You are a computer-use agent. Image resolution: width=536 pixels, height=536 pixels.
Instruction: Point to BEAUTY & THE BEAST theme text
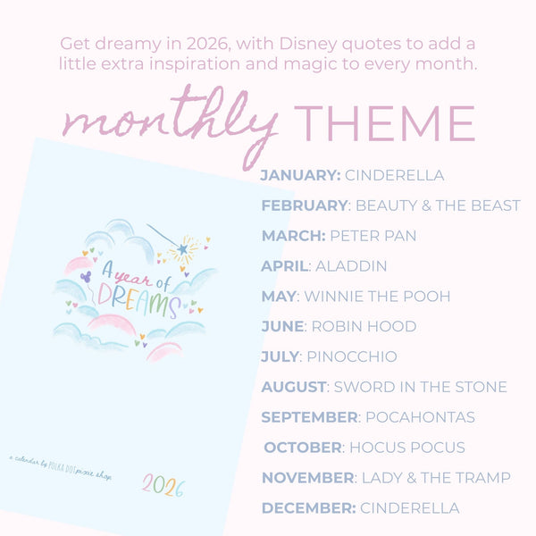click(438, 205)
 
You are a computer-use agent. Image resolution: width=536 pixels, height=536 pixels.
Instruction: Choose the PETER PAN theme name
click(373, 236)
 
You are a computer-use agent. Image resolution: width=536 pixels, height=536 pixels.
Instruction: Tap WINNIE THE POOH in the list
click(378, 297)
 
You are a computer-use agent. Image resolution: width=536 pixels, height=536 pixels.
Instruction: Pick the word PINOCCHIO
click(352, 357)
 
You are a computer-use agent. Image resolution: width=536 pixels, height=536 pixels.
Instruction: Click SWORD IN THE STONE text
click(420, 388)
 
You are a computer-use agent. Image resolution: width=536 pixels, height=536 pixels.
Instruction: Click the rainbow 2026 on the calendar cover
click(163, 487)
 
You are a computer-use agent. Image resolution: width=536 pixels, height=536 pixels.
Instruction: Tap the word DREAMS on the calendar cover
click(138, 301)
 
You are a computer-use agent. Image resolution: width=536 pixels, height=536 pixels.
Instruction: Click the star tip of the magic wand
click(183, 248)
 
